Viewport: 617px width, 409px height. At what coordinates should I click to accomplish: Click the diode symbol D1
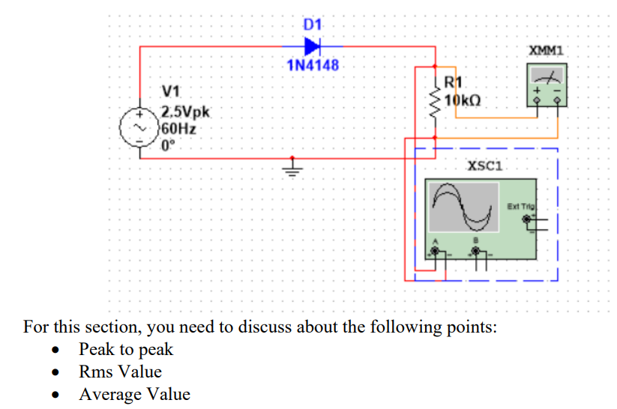tap(313, 46)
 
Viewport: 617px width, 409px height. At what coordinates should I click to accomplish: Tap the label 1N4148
tap(313, 65)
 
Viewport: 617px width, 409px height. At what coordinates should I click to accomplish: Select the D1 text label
tap(313, 26)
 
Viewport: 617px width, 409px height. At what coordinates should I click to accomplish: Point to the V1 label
tap(172, 92)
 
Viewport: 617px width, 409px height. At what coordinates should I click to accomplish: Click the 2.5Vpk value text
tap(187, 114)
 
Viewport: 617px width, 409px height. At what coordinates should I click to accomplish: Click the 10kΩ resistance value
tap(463, 100)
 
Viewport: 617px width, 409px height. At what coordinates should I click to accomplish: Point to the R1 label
tap(454, 84)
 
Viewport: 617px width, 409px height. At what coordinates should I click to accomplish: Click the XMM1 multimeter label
tap(546, 51)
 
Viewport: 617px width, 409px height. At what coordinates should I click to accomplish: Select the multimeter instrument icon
tap(547, 84)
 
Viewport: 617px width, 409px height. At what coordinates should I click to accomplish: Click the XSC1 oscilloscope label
tap(484, 167)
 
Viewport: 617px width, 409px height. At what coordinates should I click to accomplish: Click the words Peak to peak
tap(126, 349)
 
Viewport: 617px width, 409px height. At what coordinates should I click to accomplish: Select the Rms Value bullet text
tap(120, 372)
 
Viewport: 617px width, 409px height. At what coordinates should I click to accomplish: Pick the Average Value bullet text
tap(134, 394)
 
